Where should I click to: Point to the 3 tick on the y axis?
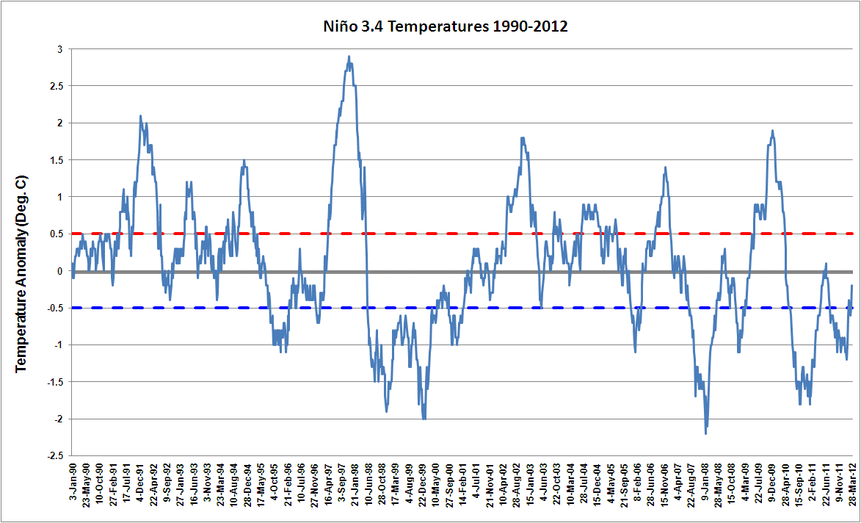(x=59, y=49)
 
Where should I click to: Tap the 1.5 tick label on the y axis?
(x=57, y=160)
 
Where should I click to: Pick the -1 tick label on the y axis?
(x=58, y=345)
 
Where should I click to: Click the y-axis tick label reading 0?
(x=59, y=271)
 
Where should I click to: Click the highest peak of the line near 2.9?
(x=349, y=57)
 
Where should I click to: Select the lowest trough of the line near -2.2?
(x=706, y=433)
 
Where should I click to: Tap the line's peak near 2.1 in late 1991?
(x=140, y=116)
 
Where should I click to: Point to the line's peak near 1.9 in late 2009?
(x=772, y=131)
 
